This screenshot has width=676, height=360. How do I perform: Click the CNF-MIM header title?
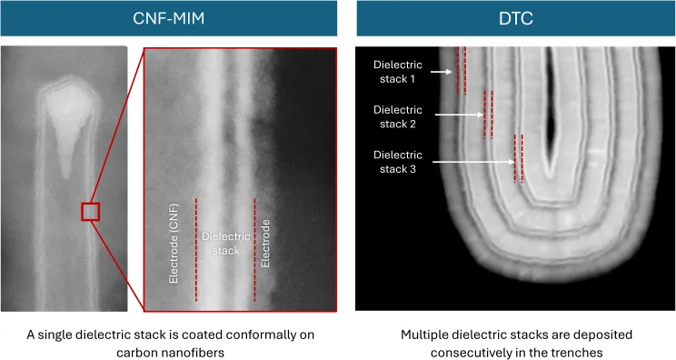(x=169, y=18)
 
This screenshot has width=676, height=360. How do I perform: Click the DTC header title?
(x=516, y=18)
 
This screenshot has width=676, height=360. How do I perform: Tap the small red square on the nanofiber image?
(x=91, y=212)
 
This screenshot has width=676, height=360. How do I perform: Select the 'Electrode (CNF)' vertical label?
(x=174, y=244)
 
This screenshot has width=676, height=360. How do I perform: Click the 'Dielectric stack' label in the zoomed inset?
(x=226, y=244)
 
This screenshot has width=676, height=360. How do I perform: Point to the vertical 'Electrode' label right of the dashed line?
(x=265, y=244)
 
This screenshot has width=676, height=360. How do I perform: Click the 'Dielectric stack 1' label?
(x=397, y=72)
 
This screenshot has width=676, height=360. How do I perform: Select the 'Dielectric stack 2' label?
(x=397, y=117)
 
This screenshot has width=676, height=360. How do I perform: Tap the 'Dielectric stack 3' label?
(x=397, y=162)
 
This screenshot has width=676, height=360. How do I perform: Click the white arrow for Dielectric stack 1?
(x=442, y=72)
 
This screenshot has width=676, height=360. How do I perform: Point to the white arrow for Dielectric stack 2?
(x=459, y=115)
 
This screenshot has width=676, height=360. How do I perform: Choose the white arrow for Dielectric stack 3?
(x=473, y=162)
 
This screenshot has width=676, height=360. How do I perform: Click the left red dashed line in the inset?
(x=196, y=250)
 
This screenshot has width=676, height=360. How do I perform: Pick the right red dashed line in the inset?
(x=254, y=250)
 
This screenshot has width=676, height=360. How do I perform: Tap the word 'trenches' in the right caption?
(x=578, y=353)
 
